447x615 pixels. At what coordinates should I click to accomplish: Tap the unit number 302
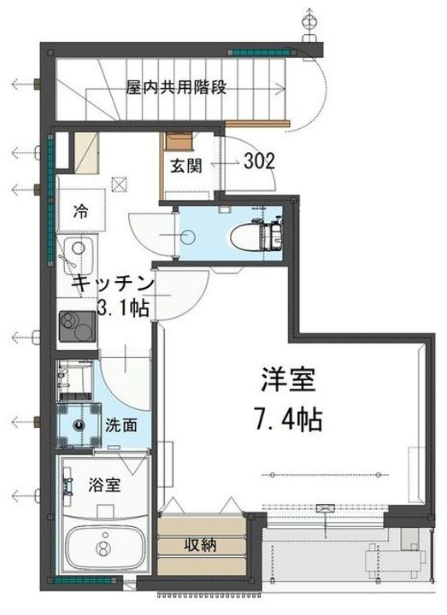[x=259, y=161]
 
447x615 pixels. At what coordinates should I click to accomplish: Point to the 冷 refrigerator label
[x=79, y=209]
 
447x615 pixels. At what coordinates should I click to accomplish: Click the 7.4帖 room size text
[x=287, y=419]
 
